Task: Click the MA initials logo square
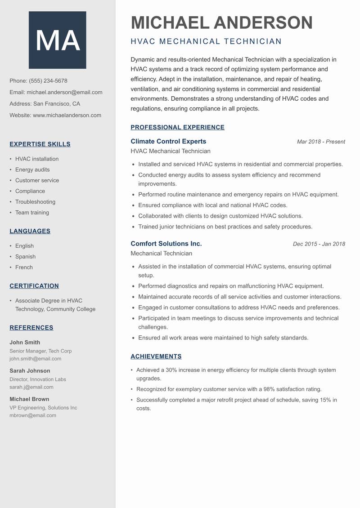[57, 40]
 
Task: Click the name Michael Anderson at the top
[221, 22]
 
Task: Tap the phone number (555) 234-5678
[48, 81]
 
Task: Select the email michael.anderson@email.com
[64, 92]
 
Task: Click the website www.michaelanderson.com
[67, 115]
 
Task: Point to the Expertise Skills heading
[40, 144]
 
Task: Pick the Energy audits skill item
[32, 169]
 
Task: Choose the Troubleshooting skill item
[35, 202]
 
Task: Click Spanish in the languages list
[25, 257]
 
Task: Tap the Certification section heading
[34, 286]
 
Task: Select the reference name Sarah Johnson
[30, 371]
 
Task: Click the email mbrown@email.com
[33, 415]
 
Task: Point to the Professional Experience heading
[177, 127]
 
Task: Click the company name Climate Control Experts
[168, 141]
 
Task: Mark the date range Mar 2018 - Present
[321, 142]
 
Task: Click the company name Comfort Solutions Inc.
[166, 244]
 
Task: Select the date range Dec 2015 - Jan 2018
[319, 244]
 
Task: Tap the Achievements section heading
[156, 356]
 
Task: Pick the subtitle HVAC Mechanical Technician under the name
[206, 42]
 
